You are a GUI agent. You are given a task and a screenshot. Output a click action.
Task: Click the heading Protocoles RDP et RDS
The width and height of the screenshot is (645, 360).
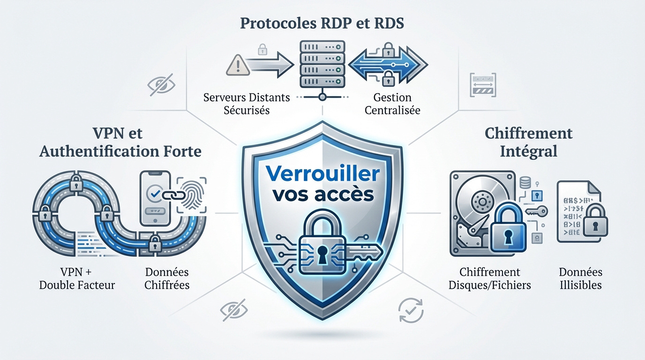coord(322,24)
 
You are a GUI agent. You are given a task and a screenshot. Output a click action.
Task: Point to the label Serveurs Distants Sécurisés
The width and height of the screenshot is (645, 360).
coord(247,104)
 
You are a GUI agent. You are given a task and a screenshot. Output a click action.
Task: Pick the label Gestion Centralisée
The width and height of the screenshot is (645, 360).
coord(392,104)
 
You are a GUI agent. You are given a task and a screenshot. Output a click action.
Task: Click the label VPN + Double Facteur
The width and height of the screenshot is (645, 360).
coord(77,278)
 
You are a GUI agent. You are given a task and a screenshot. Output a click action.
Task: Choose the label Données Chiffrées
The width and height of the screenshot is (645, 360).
coord(167,278)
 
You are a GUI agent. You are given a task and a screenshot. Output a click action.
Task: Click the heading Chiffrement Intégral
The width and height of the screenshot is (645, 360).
coord(528,142)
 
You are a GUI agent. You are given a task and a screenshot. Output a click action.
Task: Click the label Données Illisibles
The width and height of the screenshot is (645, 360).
coord(581,278)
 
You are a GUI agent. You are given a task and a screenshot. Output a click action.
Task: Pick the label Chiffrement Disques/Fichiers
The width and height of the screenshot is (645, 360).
coord(490,278)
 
